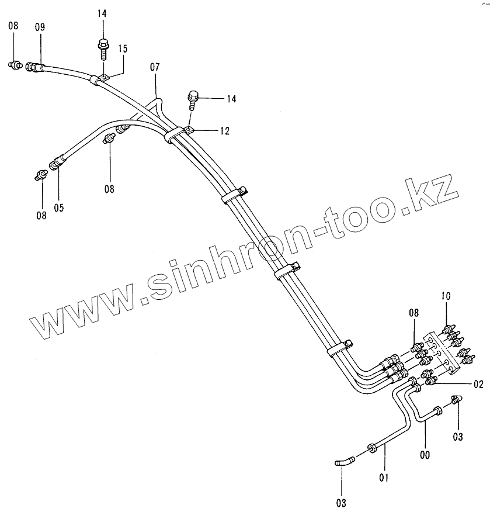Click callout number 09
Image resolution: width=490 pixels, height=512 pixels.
click(40, 27)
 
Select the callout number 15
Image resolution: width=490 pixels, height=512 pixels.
click(123, 49)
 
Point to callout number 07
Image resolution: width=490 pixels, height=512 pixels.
click(155, 67)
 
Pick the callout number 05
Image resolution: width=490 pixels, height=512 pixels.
click(59, 207)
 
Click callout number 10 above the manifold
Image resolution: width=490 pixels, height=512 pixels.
click(446, 297)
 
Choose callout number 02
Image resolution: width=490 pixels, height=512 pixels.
click(479, 384)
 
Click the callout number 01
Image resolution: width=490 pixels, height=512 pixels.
click(384, 478)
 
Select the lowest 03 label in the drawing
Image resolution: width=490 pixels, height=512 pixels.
click(341, 502)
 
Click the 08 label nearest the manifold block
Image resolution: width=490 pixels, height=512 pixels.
click(413, 313)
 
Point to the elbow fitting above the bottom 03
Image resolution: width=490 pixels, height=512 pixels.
click(343, 462)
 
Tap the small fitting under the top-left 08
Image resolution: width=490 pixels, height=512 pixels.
click(15, 65)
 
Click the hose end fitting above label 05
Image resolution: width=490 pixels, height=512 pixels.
click(57, 164)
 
